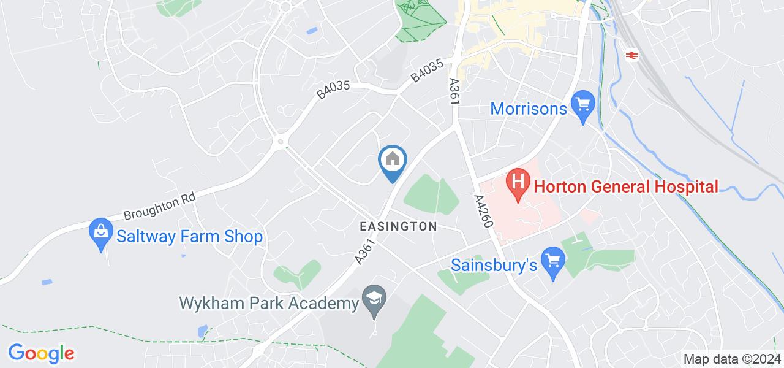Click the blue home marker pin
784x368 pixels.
pos(393,161)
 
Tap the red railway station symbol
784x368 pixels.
pos(630,55)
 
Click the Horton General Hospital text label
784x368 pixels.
pos(625,186)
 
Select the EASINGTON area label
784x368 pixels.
pos(398,226)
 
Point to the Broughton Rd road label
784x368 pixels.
pos(159,207)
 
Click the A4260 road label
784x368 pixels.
pos(483,212)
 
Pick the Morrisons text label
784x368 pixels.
pos(529,109)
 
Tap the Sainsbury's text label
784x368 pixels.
pos(494,265)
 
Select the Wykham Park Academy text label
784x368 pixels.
pos(268,303)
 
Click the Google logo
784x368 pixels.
pos(41,353)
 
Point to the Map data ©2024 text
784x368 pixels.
pos(732,359)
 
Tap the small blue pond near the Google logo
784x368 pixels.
pos(203,331)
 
